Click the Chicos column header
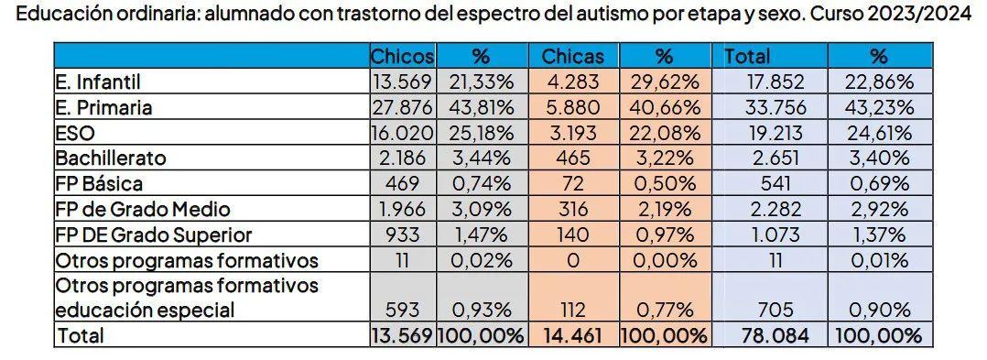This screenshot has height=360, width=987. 401,56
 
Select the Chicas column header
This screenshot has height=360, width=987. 573,56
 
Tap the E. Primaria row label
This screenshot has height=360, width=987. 103,107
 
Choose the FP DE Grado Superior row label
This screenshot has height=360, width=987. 153,234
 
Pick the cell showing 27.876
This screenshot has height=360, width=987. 401,107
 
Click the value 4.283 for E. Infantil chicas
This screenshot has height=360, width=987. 573,82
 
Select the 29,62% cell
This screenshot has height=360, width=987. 665,82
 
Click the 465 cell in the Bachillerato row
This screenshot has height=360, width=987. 573,158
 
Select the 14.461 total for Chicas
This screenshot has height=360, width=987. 573,335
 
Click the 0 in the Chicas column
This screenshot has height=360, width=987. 573,259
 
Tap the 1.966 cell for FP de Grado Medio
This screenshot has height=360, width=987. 401,208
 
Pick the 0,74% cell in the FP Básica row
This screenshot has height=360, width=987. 482,182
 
